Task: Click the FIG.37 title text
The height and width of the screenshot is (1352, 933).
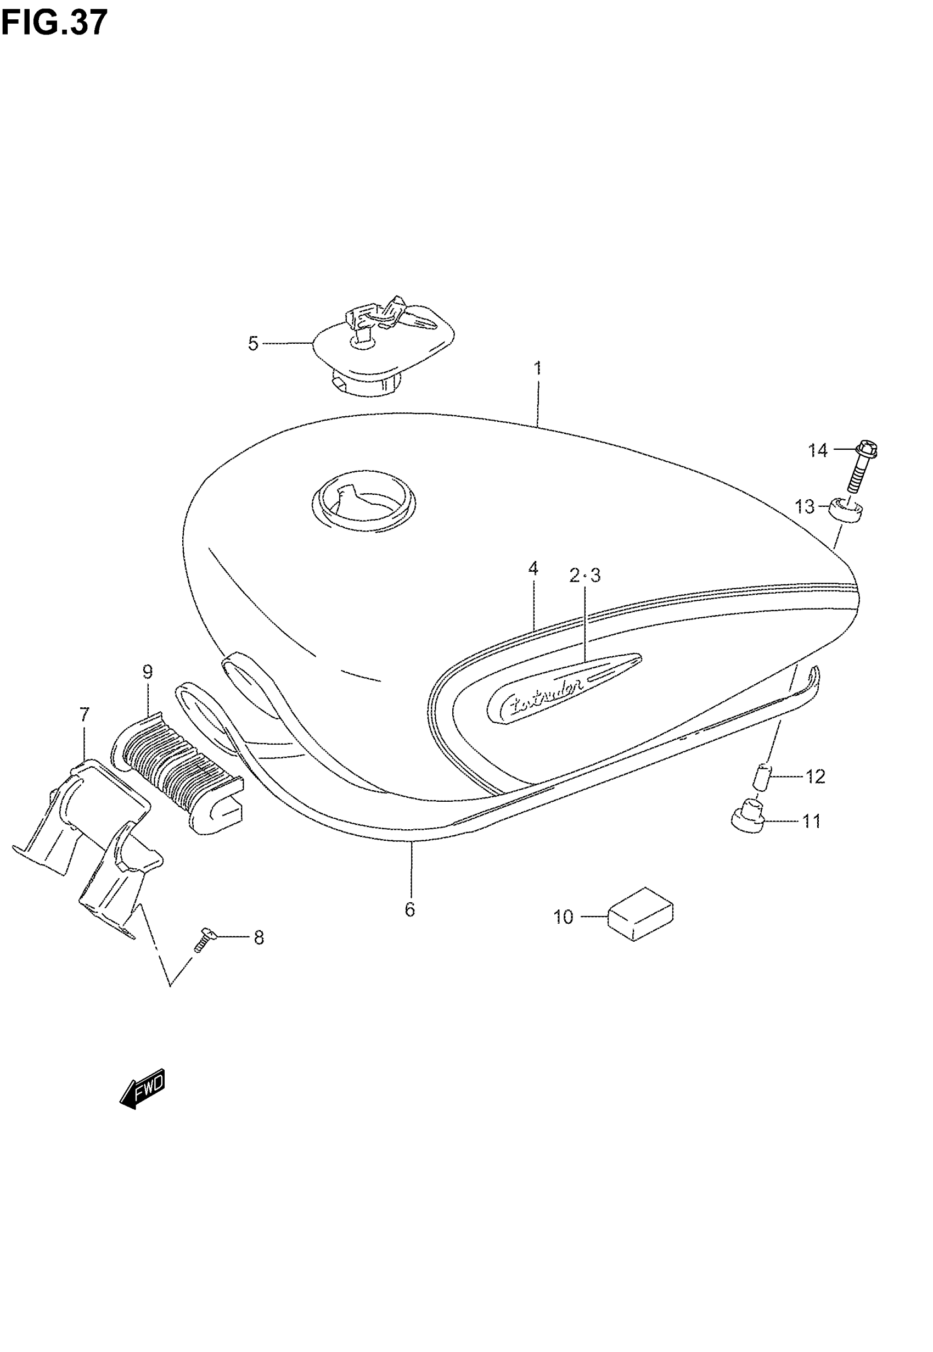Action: pyautogui.click(x=54, y=24)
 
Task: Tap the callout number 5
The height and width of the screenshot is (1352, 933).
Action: pyautogui.click(x=252, y=344)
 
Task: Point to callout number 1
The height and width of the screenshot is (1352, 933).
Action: pyautogui.click(x=537, y=368)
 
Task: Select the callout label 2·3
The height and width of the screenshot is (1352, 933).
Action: pyautogui.click(x=584, y=576)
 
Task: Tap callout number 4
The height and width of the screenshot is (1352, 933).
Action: pyautogui.click(x=532, y=568)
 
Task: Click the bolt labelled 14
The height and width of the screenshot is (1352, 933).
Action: pyautogui.click(x=862, y=471)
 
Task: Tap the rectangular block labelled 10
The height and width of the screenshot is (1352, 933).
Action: pyautogui.click(x=640, y=914)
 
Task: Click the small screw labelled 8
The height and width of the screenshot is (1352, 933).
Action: pyautogui.click(x=205, y=940)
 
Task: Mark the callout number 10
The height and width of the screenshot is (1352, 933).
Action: pyautogui.click(x=564, y=917)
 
